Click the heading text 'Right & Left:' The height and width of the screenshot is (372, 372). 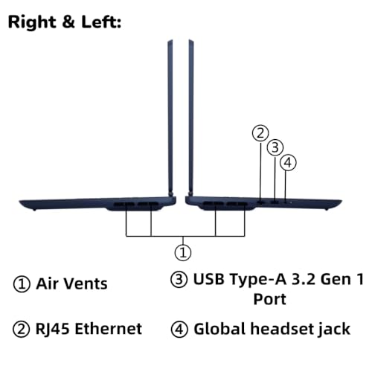click(65, 22)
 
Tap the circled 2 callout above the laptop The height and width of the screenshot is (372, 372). click(260, 133)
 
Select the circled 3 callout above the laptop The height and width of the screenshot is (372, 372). click(275, 147)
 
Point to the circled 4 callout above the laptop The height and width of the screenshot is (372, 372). click(288, 163)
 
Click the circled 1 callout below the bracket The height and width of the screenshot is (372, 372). click(183, 253)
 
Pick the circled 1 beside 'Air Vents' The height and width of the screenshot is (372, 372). click(22, 284)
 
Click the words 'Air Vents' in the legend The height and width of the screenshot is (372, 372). click(72, 283)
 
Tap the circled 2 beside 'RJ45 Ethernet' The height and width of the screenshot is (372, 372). click(22, 330)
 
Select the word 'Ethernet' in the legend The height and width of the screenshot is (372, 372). click(109, 329)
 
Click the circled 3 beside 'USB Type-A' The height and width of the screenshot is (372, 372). click(179, 280)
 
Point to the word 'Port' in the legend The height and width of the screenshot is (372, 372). click(269, 299)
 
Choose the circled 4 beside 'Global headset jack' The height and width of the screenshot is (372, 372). click(179, 330)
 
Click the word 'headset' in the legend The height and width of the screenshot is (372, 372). click(282, 329)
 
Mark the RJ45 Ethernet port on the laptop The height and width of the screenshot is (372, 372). click(261, 202)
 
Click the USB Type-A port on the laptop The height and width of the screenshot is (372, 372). click(275, 202)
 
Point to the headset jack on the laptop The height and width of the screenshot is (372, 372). click(286, 202)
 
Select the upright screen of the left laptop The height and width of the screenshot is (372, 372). click(170, 117)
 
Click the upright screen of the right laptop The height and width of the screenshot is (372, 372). click(191, 117)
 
